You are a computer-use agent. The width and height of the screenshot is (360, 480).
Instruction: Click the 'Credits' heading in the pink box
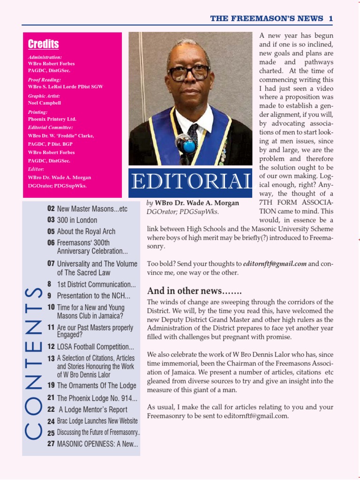tap(43, 44)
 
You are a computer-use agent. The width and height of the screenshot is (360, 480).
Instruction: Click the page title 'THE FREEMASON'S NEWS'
tap(266, 18)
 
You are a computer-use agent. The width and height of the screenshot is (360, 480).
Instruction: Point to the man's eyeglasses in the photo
tap(189, 73)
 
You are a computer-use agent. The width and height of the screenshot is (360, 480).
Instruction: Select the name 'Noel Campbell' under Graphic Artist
tap(45, 103)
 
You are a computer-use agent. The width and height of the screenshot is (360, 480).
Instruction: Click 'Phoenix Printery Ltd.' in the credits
tap(52, 119)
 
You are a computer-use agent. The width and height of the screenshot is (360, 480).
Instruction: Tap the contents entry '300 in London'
tap(77, 220)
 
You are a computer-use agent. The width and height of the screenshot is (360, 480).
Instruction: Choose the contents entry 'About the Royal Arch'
tap(86, 231)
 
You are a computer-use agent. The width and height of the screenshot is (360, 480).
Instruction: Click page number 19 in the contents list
tap(51, 385)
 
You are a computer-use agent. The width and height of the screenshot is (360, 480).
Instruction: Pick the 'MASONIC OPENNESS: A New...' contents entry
tap(97, 443)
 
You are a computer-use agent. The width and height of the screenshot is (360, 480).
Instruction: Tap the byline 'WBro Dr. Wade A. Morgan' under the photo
tap(196, 203)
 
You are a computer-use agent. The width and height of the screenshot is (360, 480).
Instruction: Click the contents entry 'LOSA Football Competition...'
tap(95, 347)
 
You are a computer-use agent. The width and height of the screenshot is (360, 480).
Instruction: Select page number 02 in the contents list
tap(51, 209)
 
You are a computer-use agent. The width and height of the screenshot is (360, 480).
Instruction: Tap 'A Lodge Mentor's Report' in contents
tap(93, 409)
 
